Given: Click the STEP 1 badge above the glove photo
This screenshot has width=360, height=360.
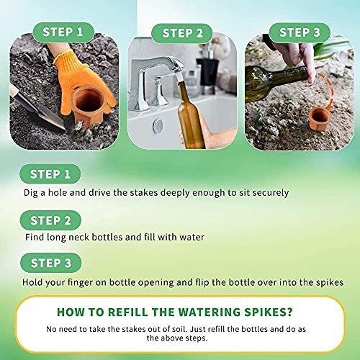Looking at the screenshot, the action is pos(63,32).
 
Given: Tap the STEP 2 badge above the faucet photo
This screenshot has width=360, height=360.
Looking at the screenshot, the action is pos(182,33).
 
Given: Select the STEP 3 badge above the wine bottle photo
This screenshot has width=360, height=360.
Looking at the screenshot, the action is pos(300,32).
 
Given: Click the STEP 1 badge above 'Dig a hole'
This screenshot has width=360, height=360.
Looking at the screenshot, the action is pos(50,174).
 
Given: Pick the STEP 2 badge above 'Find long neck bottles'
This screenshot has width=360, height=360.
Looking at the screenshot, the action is pos(50,220).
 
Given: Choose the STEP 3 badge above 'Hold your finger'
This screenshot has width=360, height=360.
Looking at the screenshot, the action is pos(51,263).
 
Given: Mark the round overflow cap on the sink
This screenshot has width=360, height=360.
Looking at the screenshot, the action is pos(158,125).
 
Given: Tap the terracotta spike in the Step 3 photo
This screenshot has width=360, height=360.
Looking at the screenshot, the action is pos(319,120).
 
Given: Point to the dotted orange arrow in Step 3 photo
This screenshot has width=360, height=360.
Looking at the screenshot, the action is pos(328,90).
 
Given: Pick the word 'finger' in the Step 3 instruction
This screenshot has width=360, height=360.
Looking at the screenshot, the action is pos(80,282).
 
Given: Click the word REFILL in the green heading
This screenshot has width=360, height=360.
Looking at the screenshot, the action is pos(127,312).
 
